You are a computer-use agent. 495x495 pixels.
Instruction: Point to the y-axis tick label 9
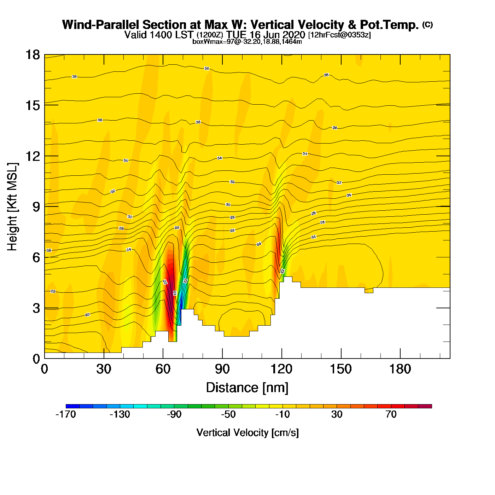(36, 207)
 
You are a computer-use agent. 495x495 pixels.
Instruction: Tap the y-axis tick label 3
(36, 308)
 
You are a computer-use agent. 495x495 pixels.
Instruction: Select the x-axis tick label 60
(163, 369)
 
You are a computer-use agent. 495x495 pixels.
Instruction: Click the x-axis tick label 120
(281, 369)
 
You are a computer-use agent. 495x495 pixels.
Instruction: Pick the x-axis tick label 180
(400, 369)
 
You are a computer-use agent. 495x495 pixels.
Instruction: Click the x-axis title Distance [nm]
(247, 388)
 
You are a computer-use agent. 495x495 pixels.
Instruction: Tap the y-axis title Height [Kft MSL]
(12, 207)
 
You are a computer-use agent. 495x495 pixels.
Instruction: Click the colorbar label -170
(66, 414)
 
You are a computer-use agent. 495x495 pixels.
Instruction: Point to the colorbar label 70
(391, 414)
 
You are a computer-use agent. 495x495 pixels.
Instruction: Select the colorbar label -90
(174, 414)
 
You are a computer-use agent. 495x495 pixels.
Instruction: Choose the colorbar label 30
(337, 414)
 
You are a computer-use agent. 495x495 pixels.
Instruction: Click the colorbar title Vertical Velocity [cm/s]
(248, 433)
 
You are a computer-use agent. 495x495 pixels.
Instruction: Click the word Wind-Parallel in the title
(101, 25)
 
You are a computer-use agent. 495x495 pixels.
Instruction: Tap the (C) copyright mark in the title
(427, 24)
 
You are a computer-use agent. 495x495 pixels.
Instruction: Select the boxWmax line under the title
(247, 42)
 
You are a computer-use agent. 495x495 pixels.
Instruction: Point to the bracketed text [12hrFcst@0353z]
(339, 35)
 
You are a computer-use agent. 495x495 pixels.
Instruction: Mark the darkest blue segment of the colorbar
(72, 406)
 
